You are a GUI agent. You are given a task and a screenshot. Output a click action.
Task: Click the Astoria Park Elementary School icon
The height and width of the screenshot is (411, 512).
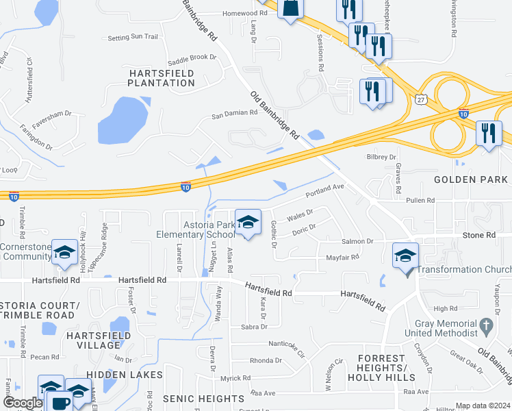coord(248,222)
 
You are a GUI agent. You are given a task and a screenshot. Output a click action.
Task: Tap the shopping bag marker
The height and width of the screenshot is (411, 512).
coord(290,8)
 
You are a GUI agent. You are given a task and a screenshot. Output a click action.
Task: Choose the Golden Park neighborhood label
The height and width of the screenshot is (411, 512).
coord(472,179)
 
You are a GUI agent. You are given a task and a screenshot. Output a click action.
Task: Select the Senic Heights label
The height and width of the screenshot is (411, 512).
coord(203,399)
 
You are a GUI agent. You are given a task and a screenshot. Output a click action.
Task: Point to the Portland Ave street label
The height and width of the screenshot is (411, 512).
coord(324,188)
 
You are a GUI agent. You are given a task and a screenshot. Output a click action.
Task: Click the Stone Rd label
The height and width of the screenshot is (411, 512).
coord(481,235)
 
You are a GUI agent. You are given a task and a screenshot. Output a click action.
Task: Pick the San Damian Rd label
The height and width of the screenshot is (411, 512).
coord(233,113)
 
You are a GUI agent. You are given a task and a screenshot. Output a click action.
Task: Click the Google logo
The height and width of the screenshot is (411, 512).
coord(23,403)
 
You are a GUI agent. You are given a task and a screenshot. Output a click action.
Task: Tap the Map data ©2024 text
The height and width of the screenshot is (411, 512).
coord(483,406)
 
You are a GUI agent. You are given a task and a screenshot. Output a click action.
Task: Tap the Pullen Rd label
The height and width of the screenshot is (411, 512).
coord(420,200)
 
